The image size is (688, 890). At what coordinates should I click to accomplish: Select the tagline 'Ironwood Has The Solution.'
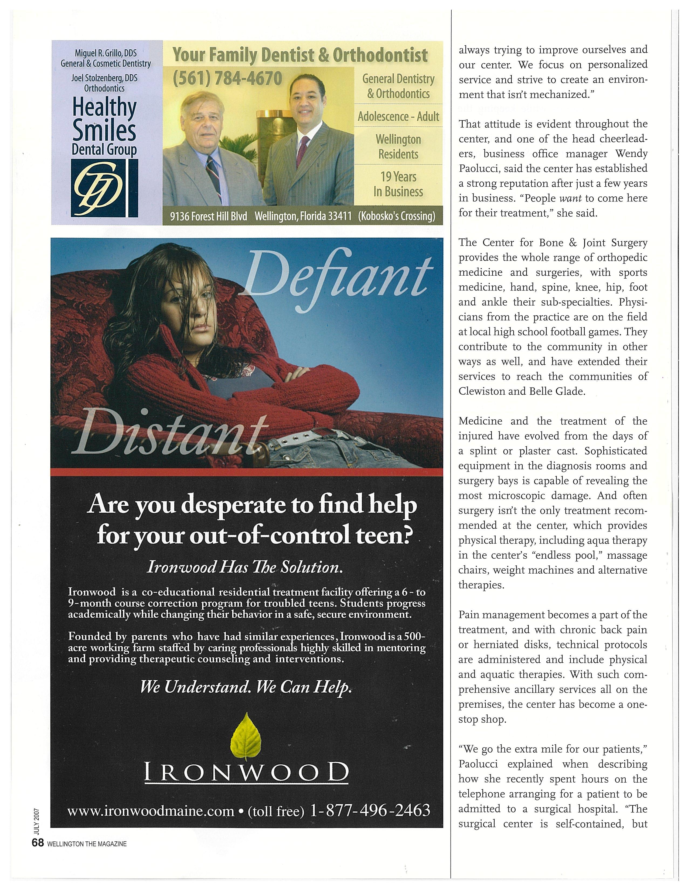pos(244,567)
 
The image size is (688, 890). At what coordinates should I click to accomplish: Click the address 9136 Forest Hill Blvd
pos(208,216)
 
